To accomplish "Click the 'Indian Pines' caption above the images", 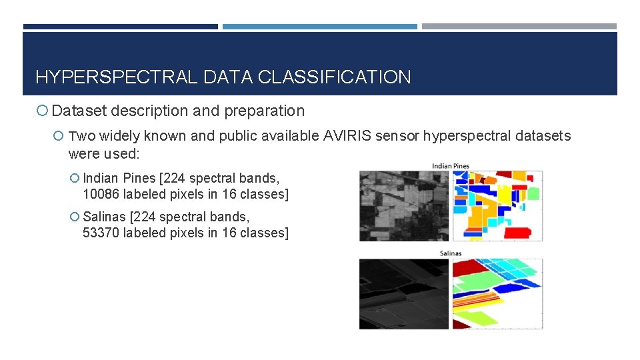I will click(x=451, y=165).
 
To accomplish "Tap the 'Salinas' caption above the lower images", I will click(x=451, y=253).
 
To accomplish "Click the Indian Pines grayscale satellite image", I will click(x=404, y=206).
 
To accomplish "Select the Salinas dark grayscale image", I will click(x=404, y=293).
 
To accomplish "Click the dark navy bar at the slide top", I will click(x=120, y=27).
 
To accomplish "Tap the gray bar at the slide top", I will click(x=519, y=27).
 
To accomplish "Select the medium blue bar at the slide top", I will click(x=319, y=27).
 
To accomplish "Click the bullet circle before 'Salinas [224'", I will click(x=74, y=217).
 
